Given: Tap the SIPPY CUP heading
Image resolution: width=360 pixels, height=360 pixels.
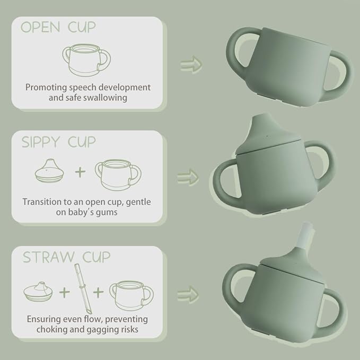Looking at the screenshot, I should pyautogui.click(x=58, y=142).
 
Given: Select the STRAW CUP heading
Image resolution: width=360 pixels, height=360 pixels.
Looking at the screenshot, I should pyautogui.click(x=66, y=257).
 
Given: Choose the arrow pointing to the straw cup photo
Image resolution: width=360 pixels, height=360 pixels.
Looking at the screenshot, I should pyautogui.click(x=188, y=293).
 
